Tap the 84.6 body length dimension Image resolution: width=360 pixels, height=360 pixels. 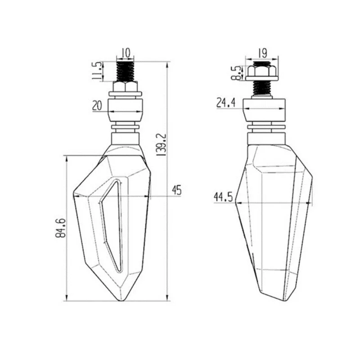click(60, 228)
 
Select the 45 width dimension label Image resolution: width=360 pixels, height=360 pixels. click(176, 190)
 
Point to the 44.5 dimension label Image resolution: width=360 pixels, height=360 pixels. click(223, 197)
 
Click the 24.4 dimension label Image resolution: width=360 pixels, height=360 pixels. click(226, 103)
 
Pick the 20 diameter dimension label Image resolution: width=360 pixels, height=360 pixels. click(97, 106)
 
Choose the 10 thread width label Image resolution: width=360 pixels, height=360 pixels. click(126, 53)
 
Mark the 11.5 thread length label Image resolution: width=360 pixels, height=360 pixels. click(97, 71)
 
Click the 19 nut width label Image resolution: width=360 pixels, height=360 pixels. click(262, 53)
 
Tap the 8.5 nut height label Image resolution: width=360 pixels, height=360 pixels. click(236, 73)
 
